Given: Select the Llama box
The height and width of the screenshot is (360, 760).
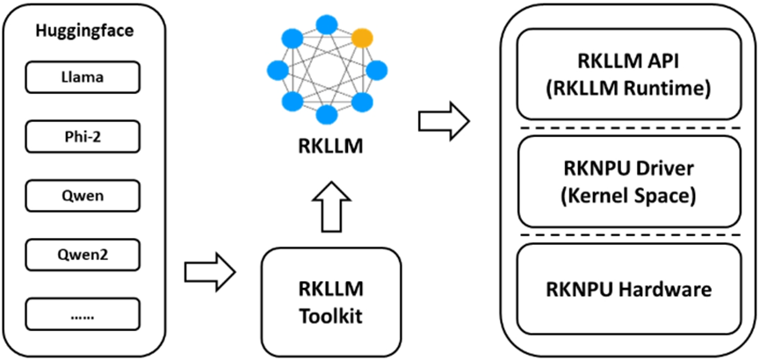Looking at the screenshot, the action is pos(83,77).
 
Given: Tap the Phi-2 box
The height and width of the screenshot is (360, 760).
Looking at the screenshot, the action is pos(83,137).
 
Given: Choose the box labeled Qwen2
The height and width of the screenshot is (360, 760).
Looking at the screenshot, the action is pos(83,255).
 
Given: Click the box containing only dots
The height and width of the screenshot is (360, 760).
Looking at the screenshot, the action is pos(83,314).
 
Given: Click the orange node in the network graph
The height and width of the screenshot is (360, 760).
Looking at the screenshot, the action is pos(362,37).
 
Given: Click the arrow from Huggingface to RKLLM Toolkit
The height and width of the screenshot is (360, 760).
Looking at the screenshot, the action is pos(210,272).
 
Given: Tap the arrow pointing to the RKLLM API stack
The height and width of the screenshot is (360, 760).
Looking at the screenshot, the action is pos(444,121).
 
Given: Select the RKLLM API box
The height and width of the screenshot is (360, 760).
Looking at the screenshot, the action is pos(630,74).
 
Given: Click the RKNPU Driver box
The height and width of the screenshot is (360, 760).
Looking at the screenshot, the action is pos(630,181).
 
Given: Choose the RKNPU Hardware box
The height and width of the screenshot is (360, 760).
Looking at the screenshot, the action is pos(630,289).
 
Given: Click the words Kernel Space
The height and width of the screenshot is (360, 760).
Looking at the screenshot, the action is pos(630,196).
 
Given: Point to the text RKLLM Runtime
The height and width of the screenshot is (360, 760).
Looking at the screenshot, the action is pos(630,90).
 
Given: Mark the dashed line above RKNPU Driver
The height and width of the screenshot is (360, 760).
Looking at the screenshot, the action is pos(630,128).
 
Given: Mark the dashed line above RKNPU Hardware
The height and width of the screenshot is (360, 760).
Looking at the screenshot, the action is pos(630,235).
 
